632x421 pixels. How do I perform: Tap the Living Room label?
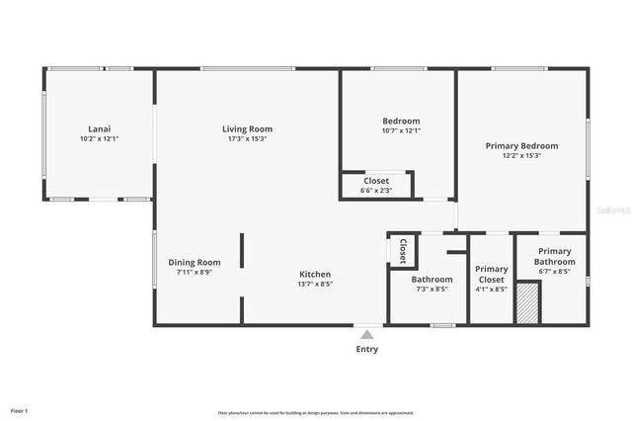click(247, 128)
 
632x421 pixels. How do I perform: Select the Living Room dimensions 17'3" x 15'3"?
click(247, 138)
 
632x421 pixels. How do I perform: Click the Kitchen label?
click(316, 274)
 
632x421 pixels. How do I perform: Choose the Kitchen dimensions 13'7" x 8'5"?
click(316, 284)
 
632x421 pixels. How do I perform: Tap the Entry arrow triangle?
click(367, 335)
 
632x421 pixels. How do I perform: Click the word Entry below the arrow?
click(367, 349)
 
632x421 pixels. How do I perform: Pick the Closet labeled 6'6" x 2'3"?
click(376, 181)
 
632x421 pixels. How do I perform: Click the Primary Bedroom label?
click(521, 145)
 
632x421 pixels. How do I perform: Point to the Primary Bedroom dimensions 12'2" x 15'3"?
click(521, 155)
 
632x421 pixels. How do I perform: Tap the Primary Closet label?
click(492, 274)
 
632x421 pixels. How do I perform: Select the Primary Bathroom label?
click(554, 257)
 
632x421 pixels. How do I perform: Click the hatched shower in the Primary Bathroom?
click(528, 302)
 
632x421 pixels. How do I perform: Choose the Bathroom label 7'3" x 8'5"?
click(432, 280)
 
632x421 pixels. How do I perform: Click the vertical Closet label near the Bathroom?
click(403, 251)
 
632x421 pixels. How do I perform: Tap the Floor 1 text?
click(20, 410)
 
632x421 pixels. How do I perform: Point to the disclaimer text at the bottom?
click(316, 413)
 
